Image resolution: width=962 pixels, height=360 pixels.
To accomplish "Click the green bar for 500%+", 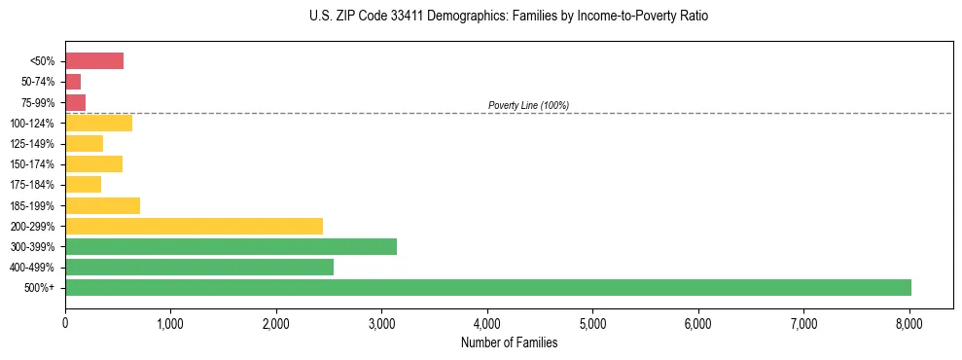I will [487, 287].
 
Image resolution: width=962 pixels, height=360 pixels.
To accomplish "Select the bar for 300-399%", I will [231, 246].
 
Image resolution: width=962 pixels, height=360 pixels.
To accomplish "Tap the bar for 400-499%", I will [199, 267].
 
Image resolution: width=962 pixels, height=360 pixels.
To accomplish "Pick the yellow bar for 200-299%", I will [194, 226].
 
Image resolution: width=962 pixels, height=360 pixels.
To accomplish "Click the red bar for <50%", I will [94, 61].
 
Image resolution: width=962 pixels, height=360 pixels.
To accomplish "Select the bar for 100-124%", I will [98, 123].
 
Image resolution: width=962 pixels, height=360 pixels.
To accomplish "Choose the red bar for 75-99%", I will [75, 102].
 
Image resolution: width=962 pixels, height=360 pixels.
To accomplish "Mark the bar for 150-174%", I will [93, 163].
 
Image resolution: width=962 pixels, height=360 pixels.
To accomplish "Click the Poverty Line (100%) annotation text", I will [528, 105].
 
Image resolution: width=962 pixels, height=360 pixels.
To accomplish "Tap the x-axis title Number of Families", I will [509, 342].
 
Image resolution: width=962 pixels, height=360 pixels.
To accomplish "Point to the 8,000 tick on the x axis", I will [909, 323].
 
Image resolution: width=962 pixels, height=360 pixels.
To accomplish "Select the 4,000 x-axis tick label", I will [487, 323].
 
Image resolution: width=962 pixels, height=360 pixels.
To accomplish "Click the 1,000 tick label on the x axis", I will [170, 323].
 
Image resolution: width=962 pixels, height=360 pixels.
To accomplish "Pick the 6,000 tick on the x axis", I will [697, 323].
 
